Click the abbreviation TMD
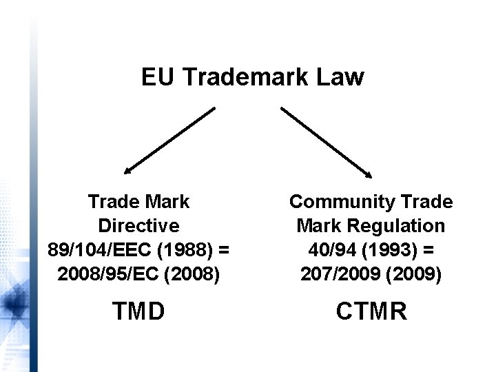(139, 311)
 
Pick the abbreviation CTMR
(371, 311)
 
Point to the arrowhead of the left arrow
(127, 168)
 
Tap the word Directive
(139, 225)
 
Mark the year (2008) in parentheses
(195, 273)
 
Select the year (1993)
(382, 249)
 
